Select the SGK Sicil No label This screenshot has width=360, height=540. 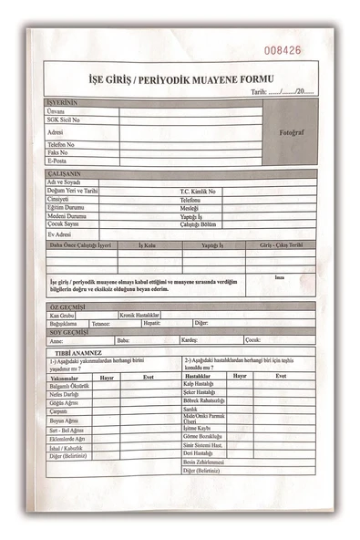64,119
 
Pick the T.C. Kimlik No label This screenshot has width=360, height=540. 198,191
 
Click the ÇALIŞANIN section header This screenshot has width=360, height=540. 66,173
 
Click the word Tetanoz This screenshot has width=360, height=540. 101,323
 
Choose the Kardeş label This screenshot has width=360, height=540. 189,340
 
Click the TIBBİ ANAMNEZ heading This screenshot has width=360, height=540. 78,352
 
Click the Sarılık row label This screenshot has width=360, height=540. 190,410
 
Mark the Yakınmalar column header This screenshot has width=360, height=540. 67,377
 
